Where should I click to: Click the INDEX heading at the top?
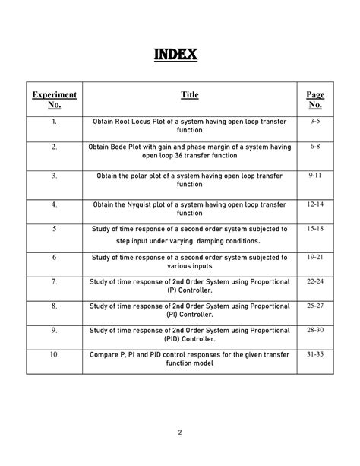point(176,55)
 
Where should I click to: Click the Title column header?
point(190,95)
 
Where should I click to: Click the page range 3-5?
point(315,122)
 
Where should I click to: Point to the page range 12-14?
point(315,204)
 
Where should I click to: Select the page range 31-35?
point(315,354)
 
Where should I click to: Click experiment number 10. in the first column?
point(54,354)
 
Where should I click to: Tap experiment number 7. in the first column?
point(54,281)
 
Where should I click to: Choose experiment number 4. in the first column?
point(54,204)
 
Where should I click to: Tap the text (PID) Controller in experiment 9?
point(190,339)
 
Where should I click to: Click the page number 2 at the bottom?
point(180,433)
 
